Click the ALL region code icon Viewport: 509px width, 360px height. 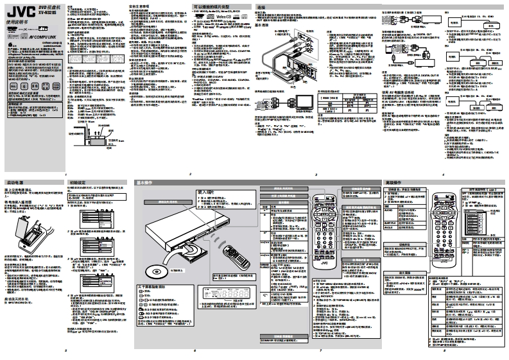[13, 85]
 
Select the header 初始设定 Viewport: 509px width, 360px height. [80, 183]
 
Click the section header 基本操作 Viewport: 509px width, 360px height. [145, 183]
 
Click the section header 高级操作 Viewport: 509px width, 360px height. [393, 183]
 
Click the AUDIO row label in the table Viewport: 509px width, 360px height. [388, 209]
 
